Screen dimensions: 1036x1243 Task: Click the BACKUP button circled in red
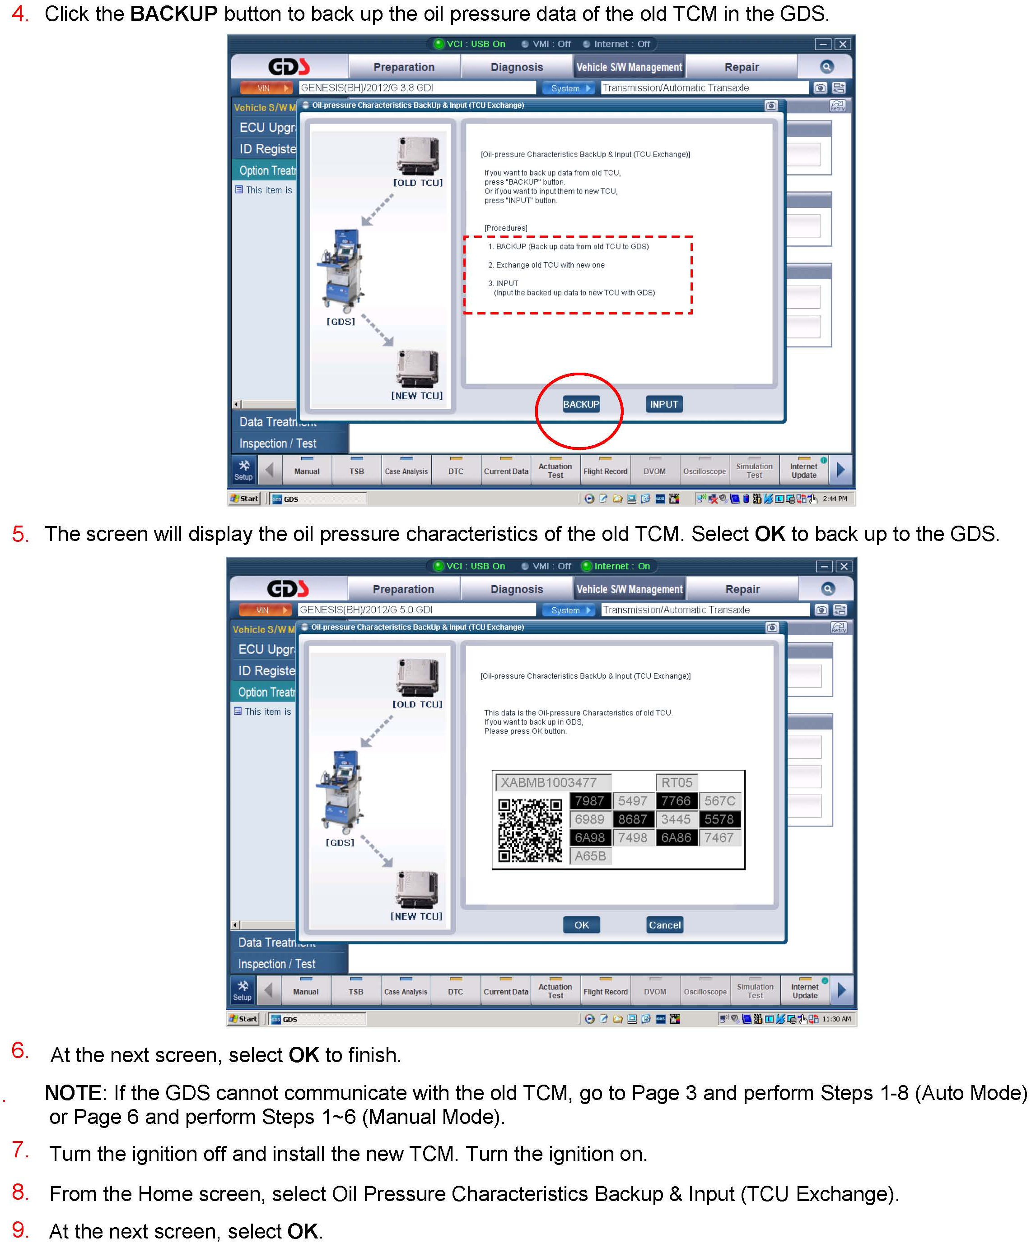(x=580, y=404)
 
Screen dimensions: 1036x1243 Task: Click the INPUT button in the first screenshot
(x=663, y=404)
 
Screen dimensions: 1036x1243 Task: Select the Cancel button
(x=665, y=924)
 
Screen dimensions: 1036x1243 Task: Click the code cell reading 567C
(x=720, y=801)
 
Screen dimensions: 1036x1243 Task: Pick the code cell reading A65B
(x=590, y=856)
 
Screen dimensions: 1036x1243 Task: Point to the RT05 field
(x=677, y=782)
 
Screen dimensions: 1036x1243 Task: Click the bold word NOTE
(x=73, y=1093)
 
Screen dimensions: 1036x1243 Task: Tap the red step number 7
(x=20, y=1150)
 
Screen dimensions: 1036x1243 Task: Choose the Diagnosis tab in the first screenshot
(x=517, y=67)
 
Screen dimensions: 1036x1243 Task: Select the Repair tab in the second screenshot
(x=742, y=589)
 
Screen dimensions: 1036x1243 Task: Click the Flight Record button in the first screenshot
(x=605, y=471)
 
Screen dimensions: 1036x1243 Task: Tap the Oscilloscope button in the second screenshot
(x=705, y=991)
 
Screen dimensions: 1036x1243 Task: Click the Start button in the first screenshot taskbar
(x=245, y=499)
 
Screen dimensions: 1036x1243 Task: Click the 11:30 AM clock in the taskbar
(x=836, y=1019)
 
